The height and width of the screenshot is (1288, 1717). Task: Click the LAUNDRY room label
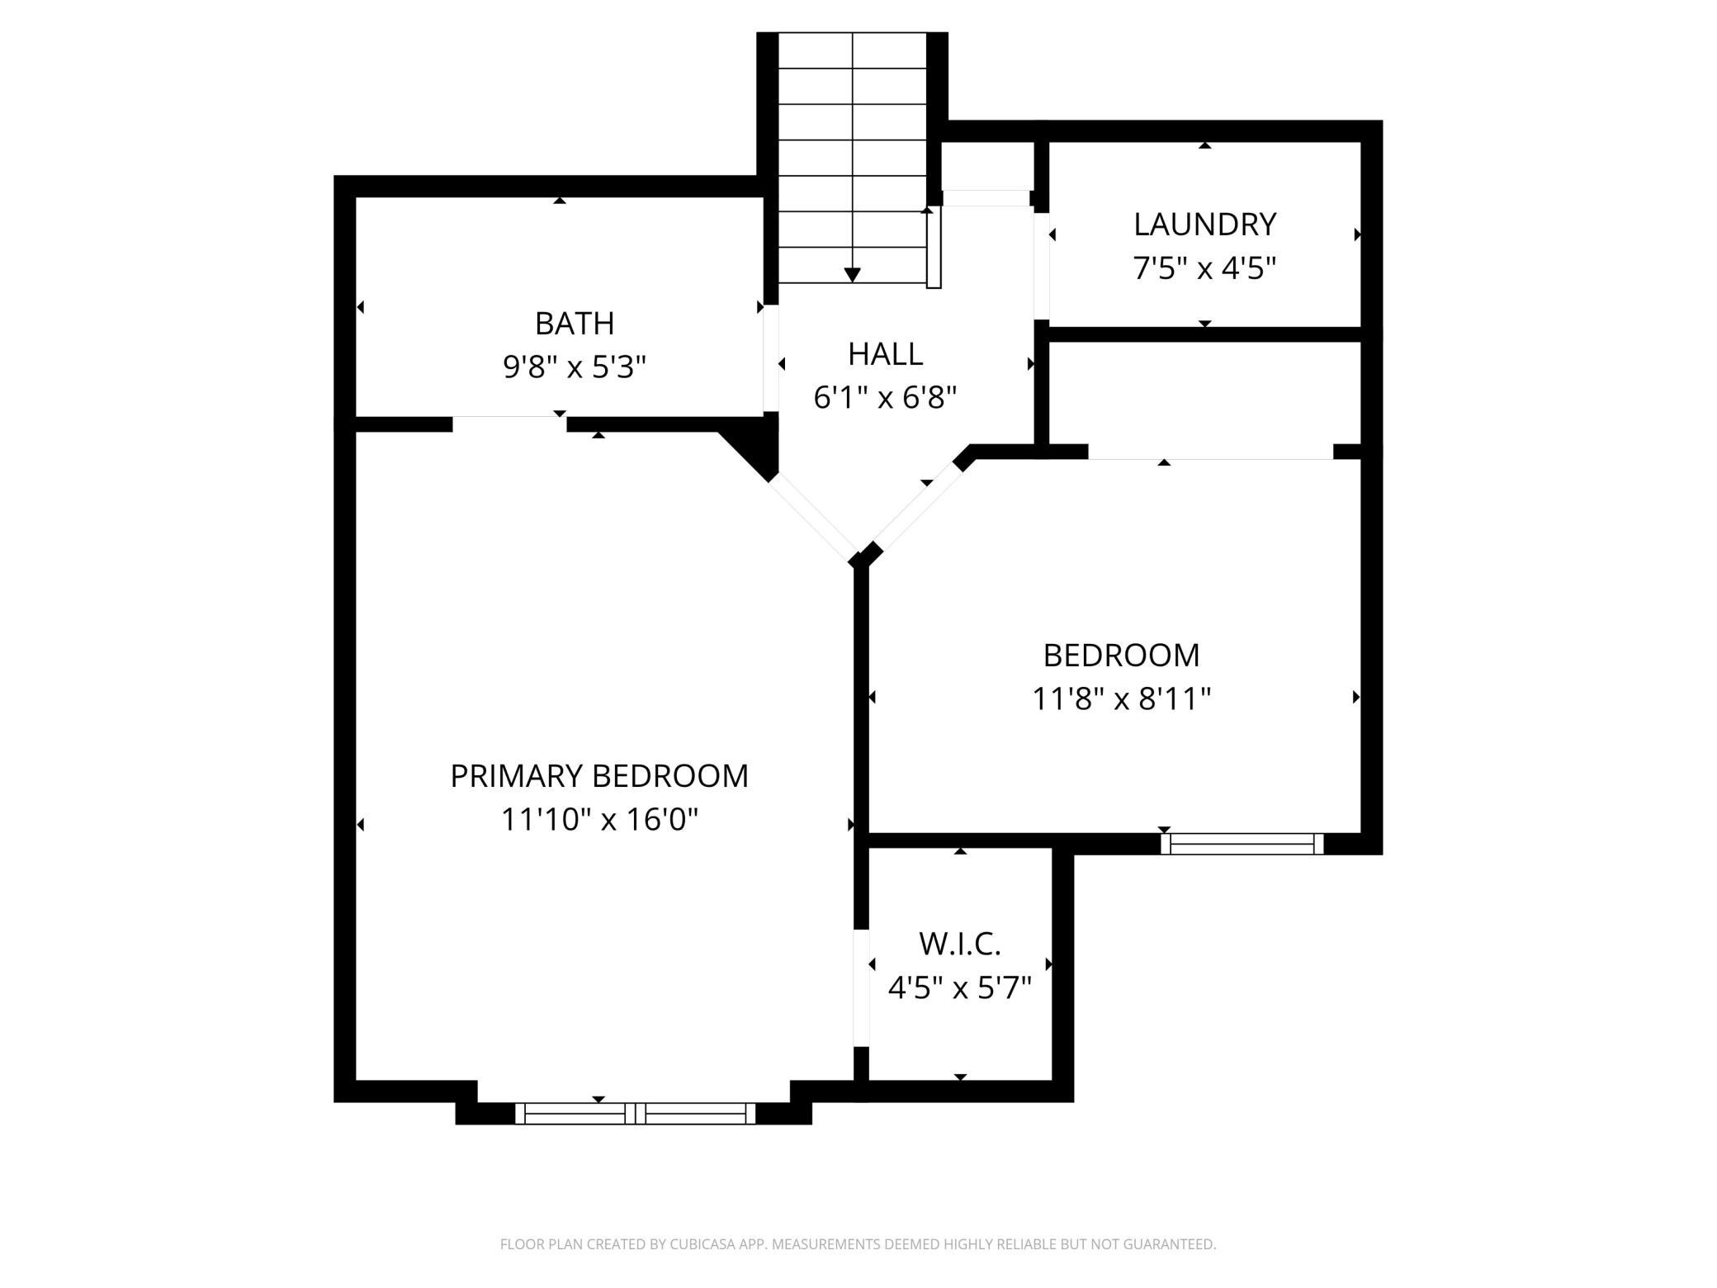click(x=1204, y=225)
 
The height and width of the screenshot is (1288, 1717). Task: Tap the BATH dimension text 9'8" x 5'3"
click(x=575, y=367)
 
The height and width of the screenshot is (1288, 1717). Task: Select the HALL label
click(x=885, y=354)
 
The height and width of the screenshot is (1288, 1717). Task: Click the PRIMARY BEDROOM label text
click(x=599, y=776)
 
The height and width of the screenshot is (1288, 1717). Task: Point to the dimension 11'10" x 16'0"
click(x=599, y=820)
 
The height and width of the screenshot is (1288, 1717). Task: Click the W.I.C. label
click(x=959, y=943)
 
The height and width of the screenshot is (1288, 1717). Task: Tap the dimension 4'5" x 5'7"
click(x=959, y=987)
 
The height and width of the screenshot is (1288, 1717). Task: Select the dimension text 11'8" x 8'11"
click(x=1121, y=699)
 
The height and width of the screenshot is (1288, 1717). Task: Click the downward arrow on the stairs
click(x=853, y=274)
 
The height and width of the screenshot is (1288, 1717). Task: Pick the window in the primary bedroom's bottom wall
click(x=635, y=1113)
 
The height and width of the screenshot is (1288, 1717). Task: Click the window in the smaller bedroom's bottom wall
click(x=1242, y=843)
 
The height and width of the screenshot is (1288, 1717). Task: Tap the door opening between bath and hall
click(x=770, y=359)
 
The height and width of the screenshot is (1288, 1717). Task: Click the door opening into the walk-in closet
click(x=861, y=987)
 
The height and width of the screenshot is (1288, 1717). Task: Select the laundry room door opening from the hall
click(x=1041, y=266)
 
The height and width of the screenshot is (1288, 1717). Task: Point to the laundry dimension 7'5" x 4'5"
click(x=1204, y=268)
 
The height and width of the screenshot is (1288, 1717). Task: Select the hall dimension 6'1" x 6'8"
click(x=885, y=398)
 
